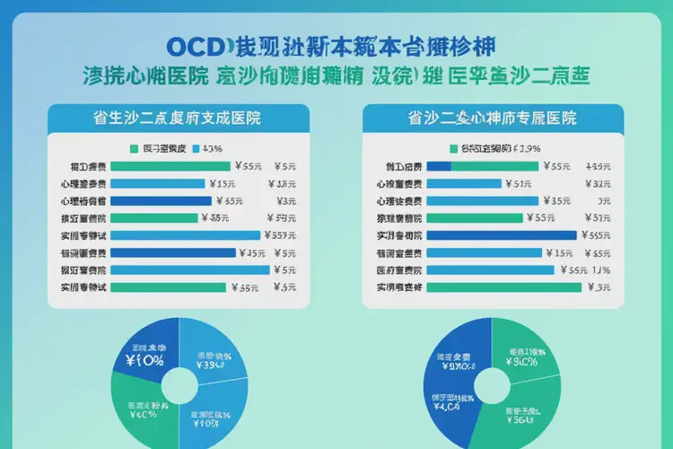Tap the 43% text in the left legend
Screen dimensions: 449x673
point(213,148)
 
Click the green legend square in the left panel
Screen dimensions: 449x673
point(135,148)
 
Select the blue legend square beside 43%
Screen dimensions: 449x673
point(195,148)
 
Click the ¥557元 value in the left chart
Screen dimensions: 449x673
point(283,235)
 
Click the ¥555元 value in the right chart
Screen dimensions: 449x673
point(597,235)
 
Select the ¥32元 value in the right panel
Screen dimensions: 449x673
point(598,183)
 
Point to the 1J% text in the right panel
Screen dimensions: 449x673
point(600,269)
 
